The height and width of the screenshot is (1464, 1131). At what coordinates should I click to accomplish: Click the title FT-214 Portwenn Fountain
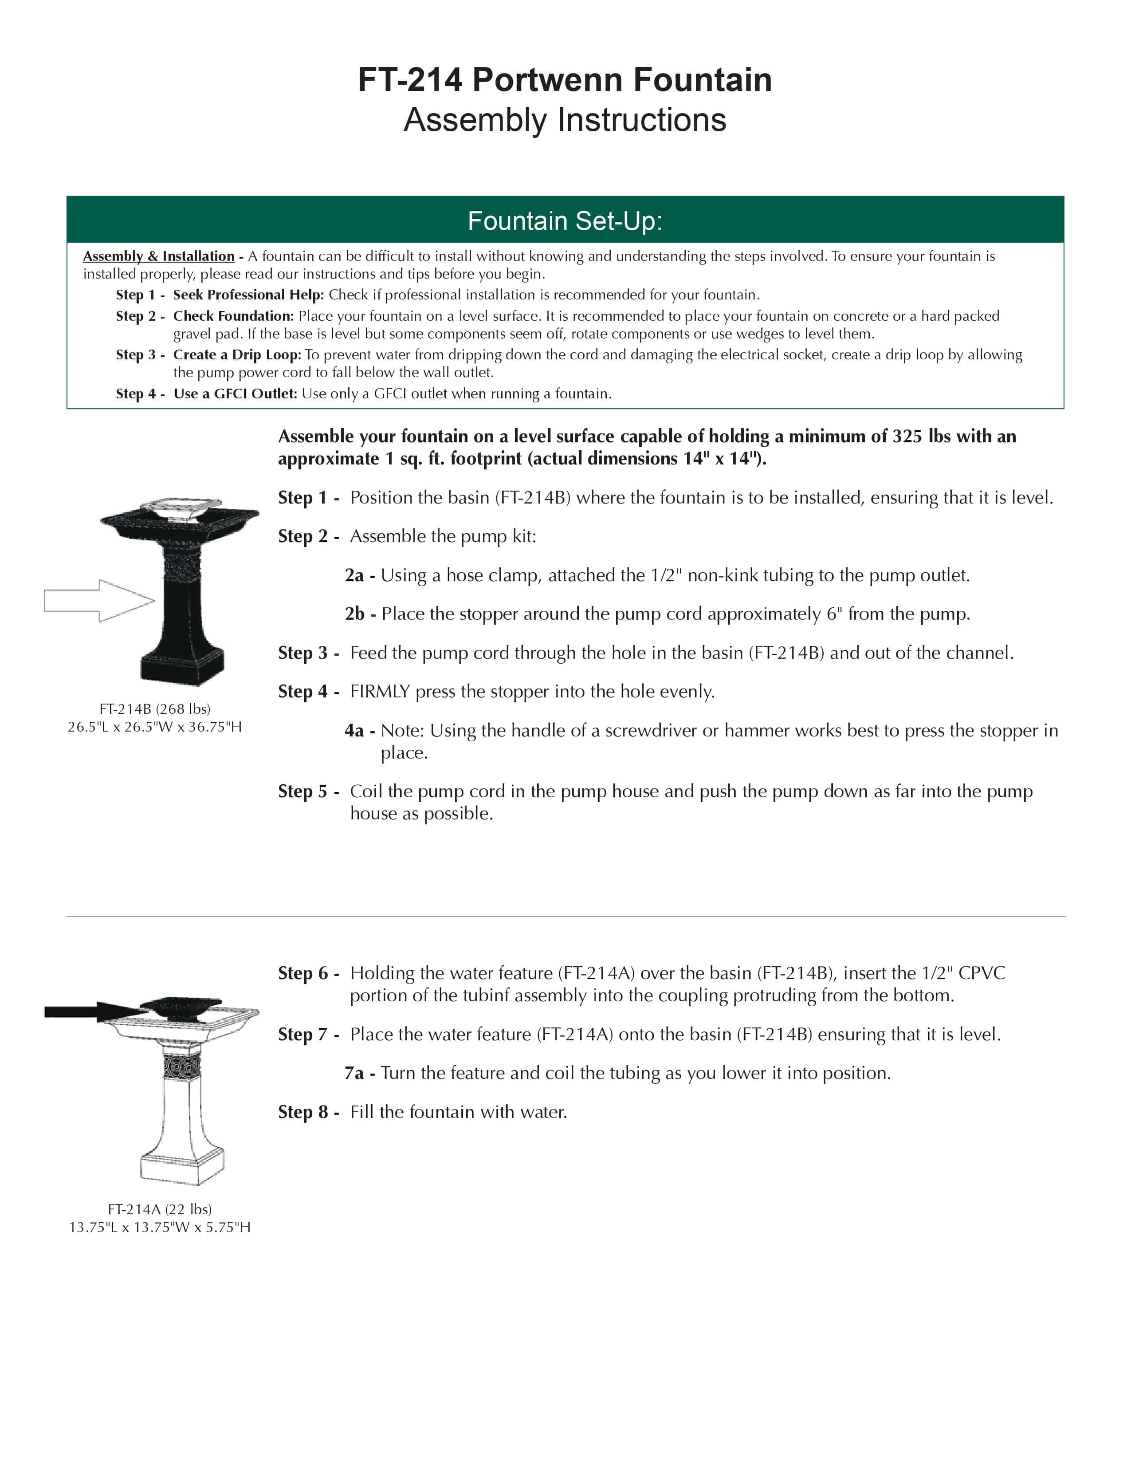pos(565,80)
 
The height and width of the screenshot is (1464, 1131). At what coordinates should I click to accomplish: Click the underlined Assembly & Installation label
pos(159,256)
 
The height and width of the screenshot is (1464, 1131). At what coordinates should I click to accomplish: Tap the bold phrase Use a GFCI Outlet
pos(235,394)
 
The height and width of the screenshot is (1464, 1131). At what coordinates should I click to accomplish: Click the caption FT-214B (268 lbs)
pos(155,708)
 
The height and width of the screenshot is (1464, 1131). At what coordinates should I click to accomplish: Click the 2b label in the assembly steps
pos(354,614)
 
